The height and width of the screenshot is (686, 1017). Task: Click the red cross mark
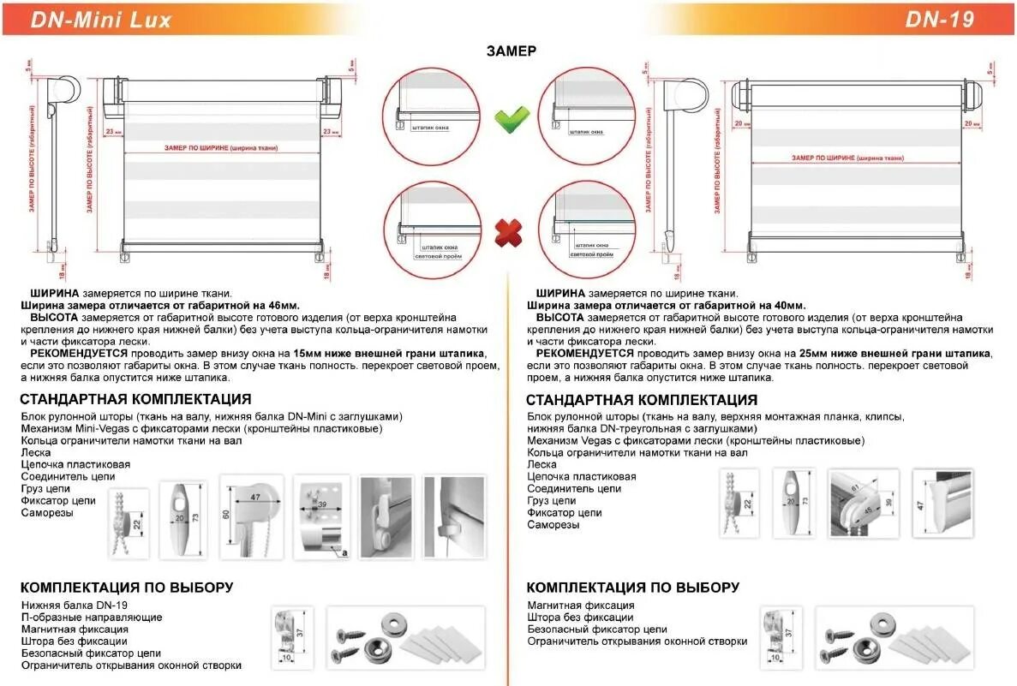(x=511, y=230)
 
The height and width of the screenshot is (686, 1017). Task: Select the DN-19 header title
(x=939, y=20)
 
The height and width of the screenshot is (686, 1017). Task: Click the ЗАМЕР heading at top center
(x=511, y=51)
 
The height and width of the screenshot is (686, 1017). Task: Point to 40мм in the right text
(x=786, y=305)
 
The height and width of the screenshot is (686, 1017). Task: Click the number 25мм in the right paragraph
(x=813, y=353)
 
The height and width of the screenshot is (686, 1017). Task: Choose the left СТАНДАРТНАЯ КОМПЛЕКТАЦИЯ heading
(x=135, y=399)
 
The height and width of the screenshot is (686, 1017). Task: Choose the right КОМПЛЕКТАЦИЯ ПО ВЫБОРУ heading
(x=632, y=588)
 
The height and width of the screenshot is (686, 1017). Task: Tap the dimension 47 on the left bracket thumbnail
(x=254, y=497)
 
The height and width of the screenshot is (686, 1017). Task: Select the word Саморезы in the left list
(x=47, y=513)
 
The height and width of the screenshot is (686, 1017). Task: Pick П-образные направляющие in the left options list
(x=92, y=617)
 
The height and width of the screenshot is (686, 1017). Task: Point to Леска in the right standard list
(x=541, y=464)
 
